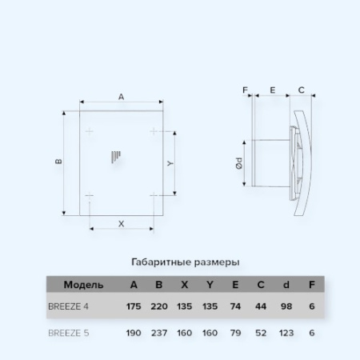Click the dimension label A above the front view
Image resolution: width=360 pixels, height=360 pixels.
pyautogui.click(x=121, y=97)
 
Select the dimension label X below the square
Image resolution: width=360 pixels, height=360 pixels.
pyautogui.click(x=121, y=223)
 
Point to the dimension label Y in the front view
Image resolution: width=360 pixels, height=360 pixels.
pyautogui.click(x=170, y=162)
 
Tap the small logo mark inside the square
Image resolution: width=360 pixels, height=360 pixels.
pyautogui.click(x=118, y=156)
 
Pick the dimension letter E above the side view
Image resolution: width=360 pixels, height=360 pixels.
pyautogui.click(x=273, y=90)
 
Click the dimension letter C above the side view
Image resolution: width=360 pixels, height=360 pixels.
pyautogui.click(x=301, y=90)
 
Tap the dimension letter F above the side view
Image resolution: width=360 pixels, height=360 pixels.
pyautogui.click(x=246, y=90)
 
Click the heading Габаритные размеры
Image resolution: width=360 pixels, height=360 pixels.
pyautogui.click(x=185, y=262)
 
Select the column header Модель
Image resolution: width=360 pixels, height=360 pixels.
pyautogui.click(x=83, y=284)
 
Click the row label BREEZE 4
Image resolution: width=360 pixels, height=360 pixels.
pyautogui.click(x=70, y=306)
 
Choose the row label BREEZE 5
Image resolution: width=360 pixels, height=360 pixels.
pyautogui.click(x=70, y=332)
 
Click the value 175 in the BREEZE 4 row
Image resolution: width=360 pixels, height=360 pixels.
pyautogui.click(x=134, y=306)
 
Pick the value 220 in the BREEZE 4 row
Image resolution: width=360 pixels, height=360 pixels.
pyautogui.click(x=160, y=306)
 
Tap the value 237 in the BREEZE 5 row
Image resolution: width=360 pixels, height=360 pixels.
pyautogui.click(x=160, y=332)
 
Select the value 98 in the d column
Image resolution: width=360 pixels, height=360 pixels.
pyautogui.click(x=286, y=306)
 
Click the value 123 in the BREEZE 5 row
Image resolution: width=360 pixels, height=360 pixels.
pyautogui.click(x=286, y=332)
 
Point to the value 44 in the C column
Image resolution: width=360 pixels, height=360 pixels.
pyautogui.click(x=262, y=306)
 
